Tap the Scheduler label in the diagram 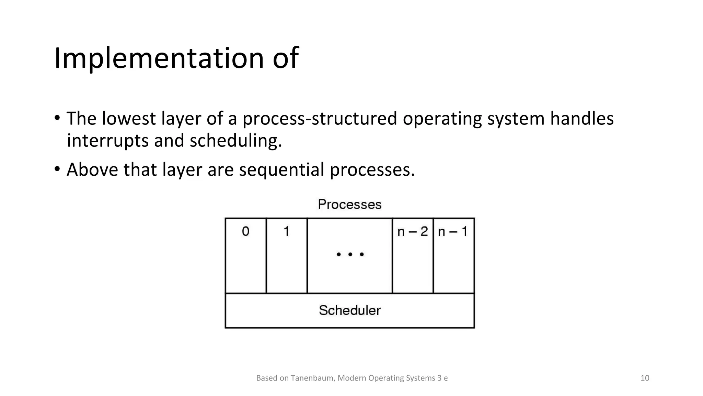tap(349, 310)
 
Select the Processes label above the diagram tap(349, 205)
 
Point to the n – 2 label tap(412, 232)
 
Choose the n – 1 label tap(453, 232)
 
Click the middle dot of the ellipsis tap(350, 254)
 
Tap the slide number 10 tap(645, 378)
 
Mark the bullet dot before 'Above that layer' tap(57, 169)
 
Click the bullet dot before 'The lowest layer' tap(57, 118)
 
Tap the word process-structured tap(319, 119)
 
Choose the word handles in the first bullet tap(581, 119)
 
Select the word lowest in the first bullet tap(129, 119)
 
